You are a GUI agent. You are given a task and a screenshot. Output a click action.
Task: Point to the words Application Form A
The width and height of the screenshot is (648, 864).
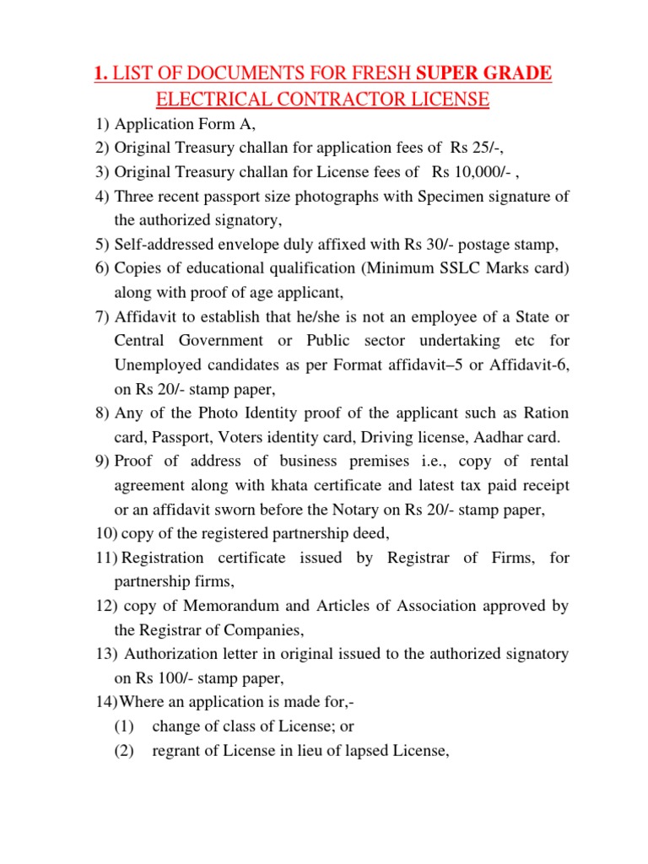coord(179,125)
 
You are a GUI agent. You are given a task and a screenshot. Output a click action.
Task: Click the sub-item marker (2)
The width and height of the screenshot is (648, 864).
coord(124,748)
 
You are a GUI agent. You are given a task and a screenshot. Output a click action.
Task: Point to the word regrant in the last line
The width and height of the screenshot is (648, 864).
coord(178,748)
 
